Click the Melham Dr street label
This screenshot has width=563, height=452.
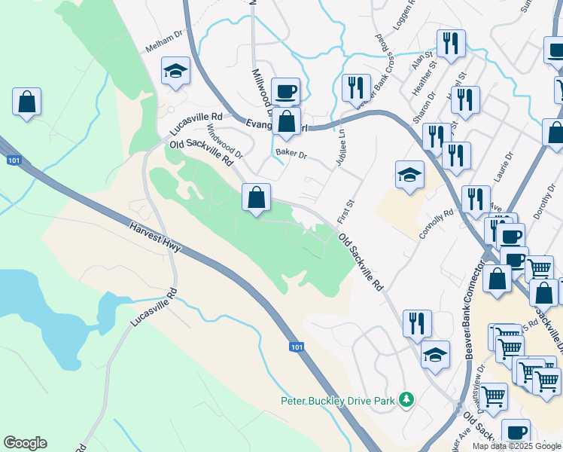[164, 46]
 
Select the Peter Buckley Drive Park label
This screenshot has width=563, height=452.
[338, 401]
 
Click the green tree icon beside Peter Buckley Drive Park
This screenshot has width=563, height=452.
[406, 399]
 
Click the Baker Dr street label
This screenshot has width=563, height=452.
[291, 154]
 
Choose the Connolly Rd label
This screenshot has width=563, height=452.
[437, 224]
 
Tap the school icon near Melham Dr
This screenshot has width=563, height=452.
[176, 72]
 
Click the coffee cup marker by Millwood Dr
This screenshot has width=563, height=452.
[285, 92]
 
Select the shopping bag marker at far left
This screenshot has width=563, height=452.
[26, 102]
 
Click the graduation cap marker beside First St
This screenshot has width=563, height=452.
[409, 175]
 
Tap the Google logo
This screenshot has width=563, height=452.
[25, 443]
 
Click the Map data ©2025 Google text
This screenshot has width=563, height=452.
[516, 446]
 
